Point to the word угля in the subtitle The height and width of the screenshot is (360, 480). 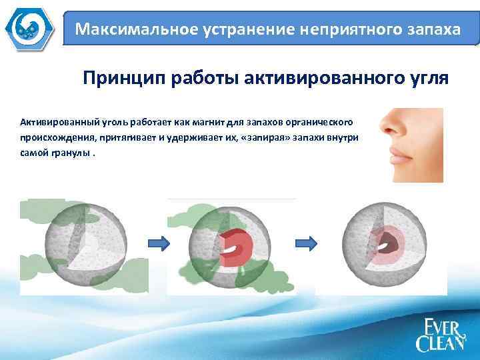coord(428,79)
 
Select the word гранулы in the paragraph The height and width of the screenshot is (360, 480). coord(71,152)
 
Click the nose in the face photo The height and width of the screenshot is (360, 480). coord(393,127)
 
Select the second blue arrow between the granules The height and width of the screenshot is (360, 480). coord(306,244)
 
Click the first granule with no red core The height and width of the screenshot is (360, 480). coord(84,245)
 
